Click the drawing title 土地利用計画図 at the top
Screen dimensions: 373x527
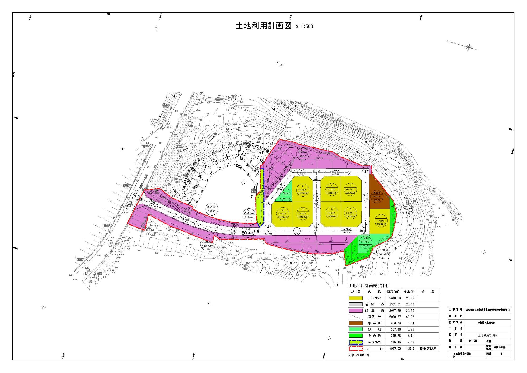(x=263, y=26)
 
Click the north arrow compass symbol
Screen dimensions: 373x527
(x=469, y=47)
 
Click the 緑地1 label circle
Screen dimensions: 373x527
(x=366, y=243)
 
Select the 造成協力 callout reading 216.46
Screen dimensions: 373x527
(x=248, y=215)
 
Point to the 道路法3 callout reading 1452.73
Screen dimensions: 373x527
(x=303, y=154)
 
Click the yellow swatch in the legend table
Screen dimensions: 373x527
(x=356, y=298)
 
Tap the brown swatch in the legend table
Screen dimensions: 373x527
(x=356, y=323)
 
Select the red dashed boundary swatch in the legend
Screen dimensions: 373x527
(x=356, y=348)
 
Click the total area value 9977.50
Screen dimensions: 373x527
(x=393, y=348)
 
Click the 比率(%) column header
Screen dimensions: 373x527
(x=409, y=292)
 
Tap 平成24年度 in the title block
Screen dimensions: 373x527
(x=500, y=347)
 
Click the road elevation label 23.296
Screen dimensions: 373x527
(x=318, y=171)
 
